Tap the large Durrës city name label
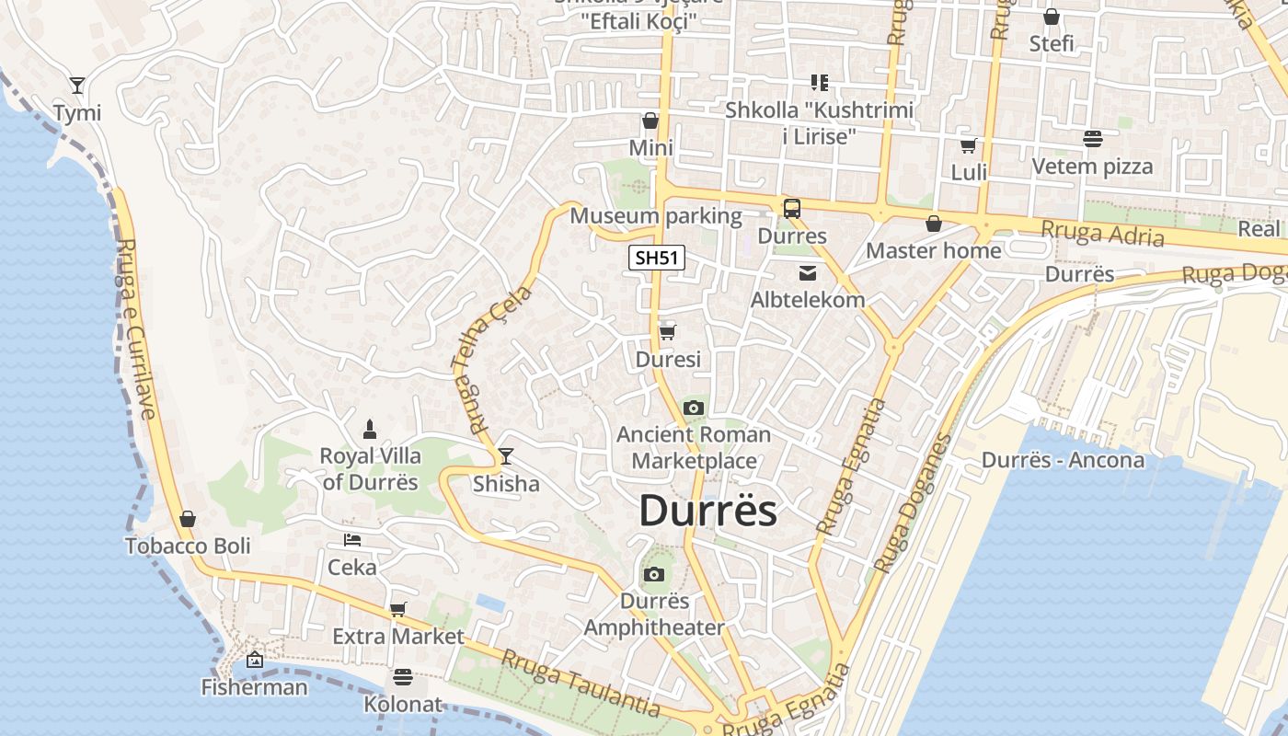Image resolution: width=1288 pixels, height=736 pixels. pos(707,512)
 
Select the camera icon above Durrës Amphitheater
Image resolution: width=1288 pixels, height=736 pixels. pos(654,575)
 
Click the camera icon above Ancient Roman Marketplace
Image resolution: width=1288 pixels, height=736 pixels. pos(694,408)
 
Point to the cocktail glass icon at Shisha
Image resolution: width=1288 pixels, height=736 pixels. pos(505,456)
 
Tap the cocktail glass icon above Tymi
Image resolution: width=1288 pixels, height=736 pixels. pos(77,86)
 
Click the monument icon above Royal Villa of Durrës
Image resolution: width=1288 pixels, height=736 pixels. pos(370,428)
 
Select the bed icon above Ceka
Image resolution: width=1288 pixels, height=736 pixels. pos(351,540)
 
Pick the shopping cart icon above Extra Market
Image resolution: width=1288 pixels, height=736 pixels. pos(398,609)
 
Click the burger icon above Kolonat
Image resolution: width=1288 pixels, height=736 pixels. pos(403,677)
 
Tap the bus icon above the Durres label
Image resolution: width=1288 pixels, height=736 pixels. pos(792,209)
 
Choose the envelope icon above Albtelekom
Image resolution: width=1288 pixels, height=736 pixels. pos(808,272)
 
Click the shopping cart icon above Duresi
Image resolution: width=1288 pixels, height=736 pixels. pos(668,332)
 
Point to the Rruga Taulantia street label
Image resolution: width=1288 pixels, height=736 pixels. pos(581,684)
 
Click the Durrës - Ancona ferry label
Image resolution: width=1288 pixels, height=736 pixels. pos(1063,460)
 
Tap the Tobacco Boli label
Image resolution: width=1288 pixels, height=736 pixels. pos(188,546)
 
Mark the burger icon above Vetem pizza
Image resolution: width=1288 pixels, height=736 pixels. pos(1093,139)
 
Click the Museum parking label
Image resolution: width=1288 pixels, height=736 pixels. pos(656,216)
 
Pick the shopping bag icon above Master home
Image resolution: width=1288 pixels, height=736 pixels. pos(934,224)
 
